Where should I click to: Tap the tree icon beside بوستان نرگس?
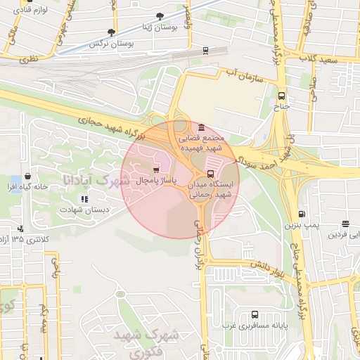click(111, 32)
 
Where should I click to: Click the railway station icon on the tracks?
click(205, 50)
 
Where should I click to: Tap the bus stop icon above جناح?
click(282, 96)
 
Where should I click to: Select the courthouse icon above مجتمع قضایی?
click(202, 128)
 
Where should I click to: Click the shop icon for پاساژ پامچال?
click(155, 169)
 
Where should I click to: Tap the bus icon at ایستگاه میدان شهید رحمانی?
click(210, 174)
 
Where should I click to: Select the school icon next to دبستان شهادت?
click(84, 199)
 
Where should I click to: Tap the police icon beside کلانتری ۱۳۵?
click(20, 228)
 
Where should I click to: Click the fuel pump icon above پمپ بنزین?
click(302, 214)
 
